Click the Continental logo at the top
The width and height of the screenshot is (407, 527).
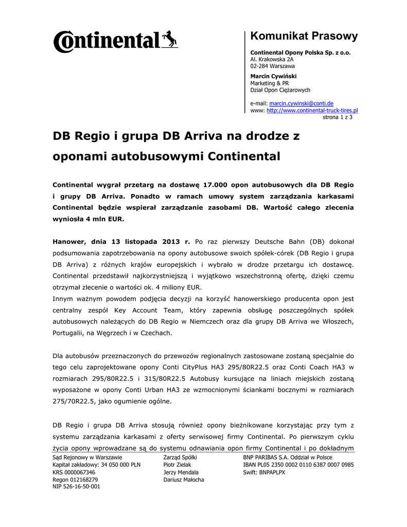pos(115,40)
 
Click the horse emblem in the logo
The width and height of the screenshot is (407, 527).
pos(169,39)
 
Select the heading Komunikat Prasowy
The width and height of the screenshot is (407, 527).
pos(304,36)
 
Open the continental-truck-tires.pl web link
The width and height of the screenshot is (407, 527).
pos(312,110)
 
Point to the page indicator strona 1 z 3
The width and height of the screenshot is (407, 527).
pos(337,117)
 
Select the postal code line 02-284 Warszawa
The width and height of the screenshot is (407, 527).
pos(272,66)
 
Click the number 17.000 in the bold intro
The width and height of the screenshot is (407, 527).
pos(217,184)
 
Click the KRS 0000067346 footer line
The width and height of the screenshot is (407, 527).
pos(74,472)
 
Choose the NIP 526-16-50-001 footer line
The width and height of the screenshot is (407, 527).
pos(76,486)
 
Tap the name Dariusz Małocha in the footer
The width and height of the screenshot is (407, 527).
pos(183,480)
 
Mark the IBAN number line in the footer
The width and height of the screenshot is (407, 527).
pos(298,465)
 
